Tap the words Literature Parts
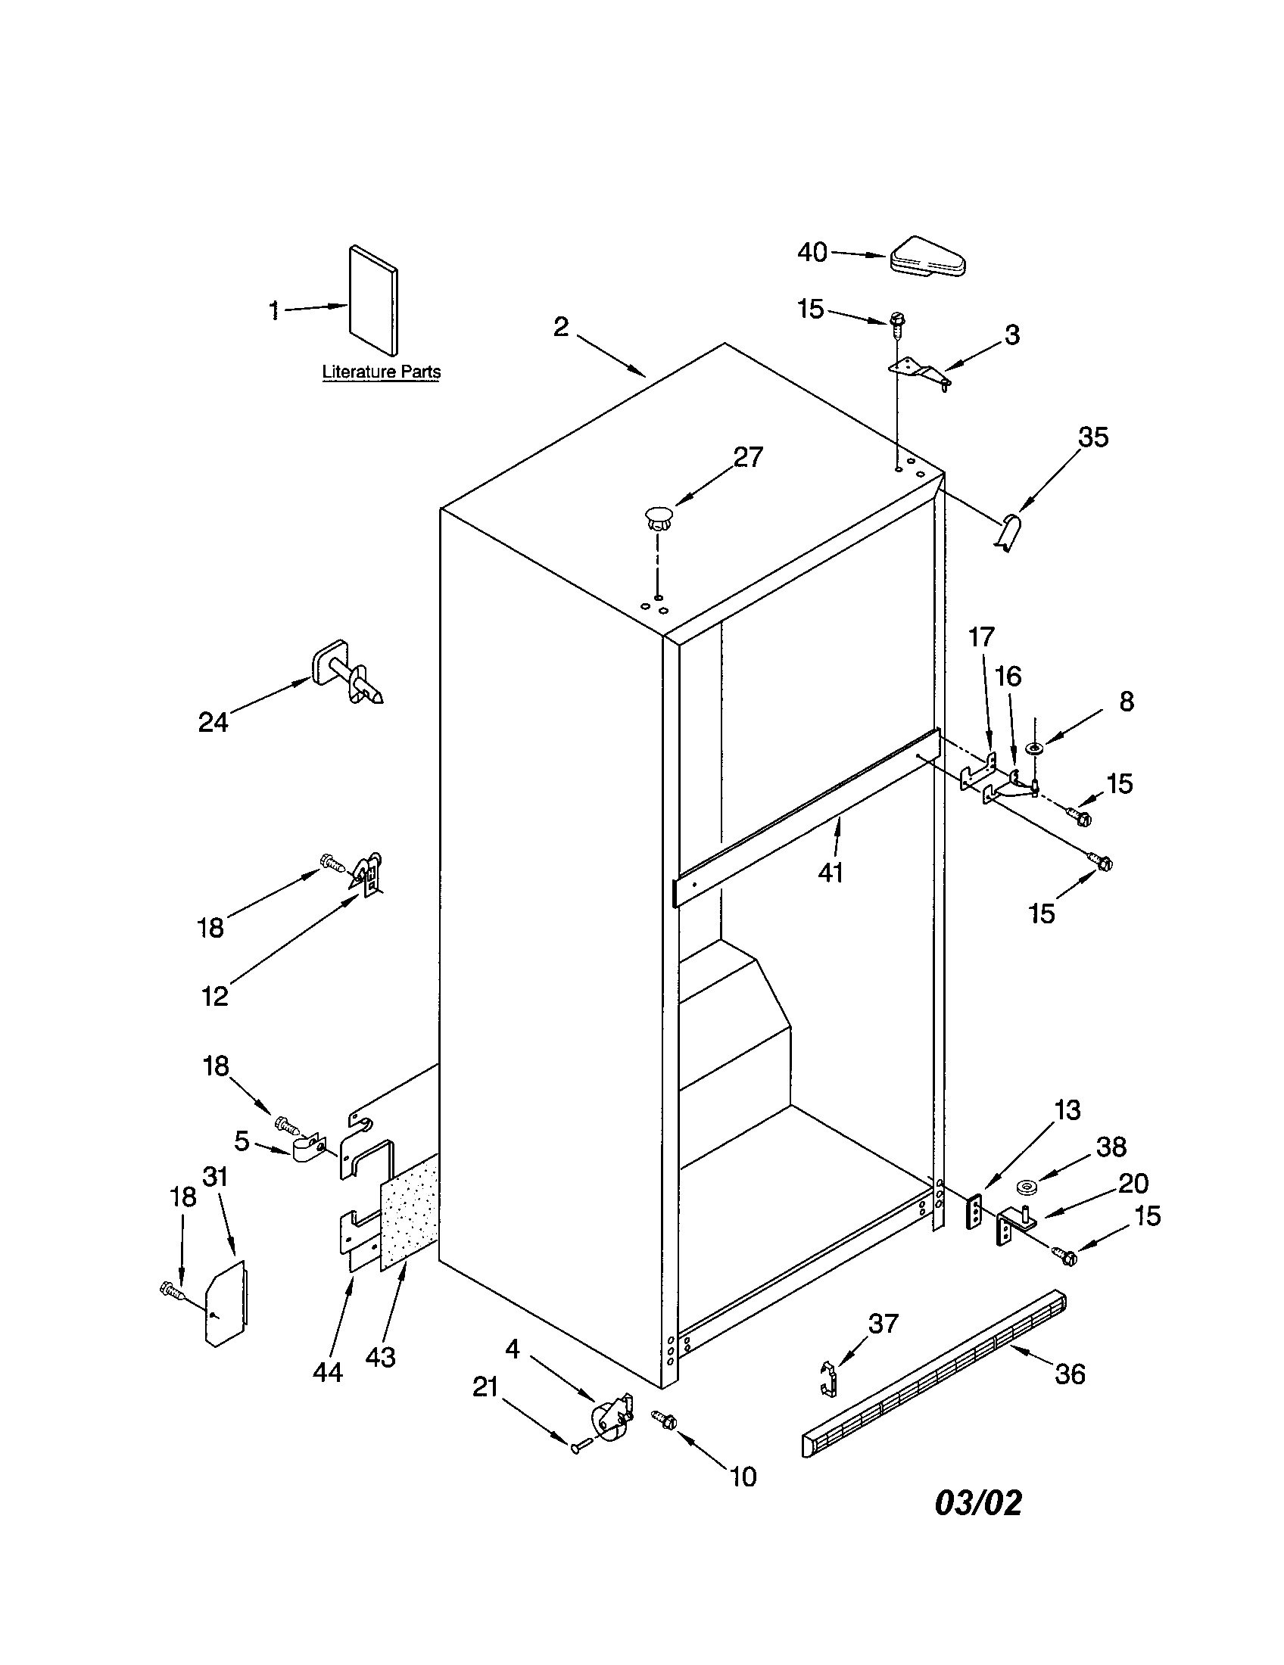coord(382,372)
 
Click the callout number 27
coord(747,456)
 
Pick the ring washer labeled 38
coord(1029,1187)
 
